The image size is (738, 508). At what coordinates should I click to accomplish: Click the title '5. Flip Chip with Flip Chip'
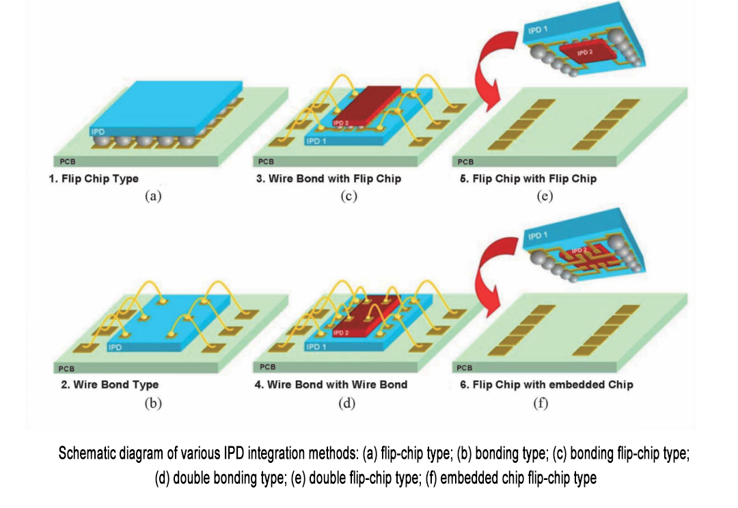pyautogui.click(x=528, y=179)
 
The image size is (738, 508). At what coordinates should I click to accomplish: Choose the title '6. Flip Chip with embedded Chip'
pyautogui.click(x=546, y=384)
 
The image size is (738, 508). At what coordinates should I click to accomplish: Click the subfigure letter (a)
pyautogui.click(x=152, y=196)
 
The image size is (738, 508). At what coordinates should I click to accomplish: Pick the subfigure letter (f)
pyautogui.click(x=541, y=403)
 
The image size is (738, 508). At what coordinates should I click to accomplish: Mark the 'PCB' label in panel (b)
pyautogui.click(x=66, y=369)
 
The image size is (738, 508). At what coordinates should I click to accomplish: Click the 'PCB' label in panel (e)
pyautogui.click(x=465, y=162)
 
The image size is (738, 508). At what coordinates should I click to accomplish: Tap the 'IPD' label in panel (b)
pyautogui.click(x=115, y=347)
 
